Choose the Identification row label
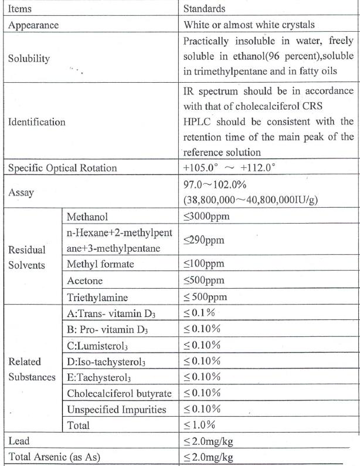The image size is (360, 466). [x=36, y=123]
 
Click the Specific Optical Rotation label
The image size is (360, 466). [x=62, y=168]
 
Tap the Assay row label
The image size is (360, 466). [x=21, y=192]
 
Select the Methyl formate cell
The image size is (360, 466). [x=100, y=264]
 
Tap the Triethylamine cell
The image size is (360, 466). [x=97, y=297]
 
